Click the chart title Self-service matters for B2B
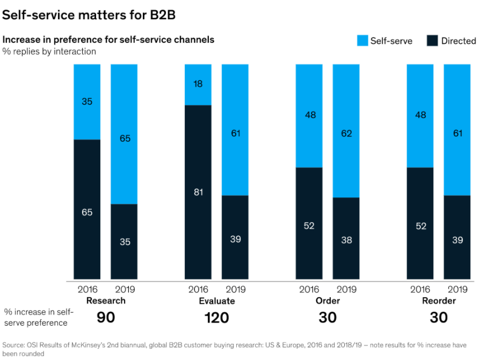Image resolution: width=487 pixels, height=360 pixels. pyautogui.click(x=89, y=15)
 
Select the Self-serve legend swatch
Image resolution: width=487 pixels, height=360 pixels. pyautogui.click(x=363, y=41)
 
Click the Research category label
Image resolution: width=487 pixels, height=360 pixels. pyautogui.click(x=106, y=301)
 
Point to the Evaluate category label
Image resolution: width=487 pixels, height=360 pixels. pyautogui.click(x=217, y=301)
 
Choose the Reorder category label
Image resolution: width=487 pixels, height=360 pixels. pyautogui.click(x=439, y=301)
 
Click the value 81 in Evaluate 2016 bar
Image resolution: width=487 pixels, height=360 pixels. pyautogui.click(x=198, y=192)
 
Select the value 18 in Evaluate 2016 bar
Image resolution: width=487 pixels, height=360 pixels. pyautogui.click(x=198, y=84)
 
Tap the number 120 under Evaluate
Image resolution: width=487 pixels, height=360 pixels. pyautogui.click(x=217, y=318)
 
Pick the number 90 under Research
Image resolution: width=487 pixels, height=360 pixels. pyautogui.click(x=106, y=318)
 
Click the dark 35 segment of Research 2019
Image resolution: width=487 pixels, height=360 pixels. pyautogui.click(x=124, y=242)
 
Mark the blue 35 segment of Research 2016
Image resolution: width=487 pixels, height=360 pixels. pyautogui.click(x=88, y=101)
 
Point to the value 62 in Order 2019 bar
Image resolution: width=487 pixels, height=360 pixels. pyautogui.click(x=346, y=133)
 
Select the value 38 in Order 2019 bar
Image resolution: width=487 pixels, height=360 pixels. pyautogui.click(x=346, y=240)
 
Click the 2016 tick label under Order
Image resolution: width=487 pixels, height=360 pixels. pyautogui.click(x=309, y=290)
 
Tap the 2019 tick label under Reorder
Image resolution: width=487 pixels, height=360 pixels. pyautogui.click(x=457, y=290)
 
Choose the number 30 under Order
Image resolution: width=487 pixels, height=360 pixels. pyautogui.click(x=328, y=318)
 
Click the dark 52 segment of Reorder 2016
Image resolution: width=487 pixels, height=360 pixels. pyautogui.click(x=420, y=226)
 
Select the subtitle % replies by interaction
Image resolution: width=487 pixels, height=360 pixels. pyautogui.click(x=49, y=52)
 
